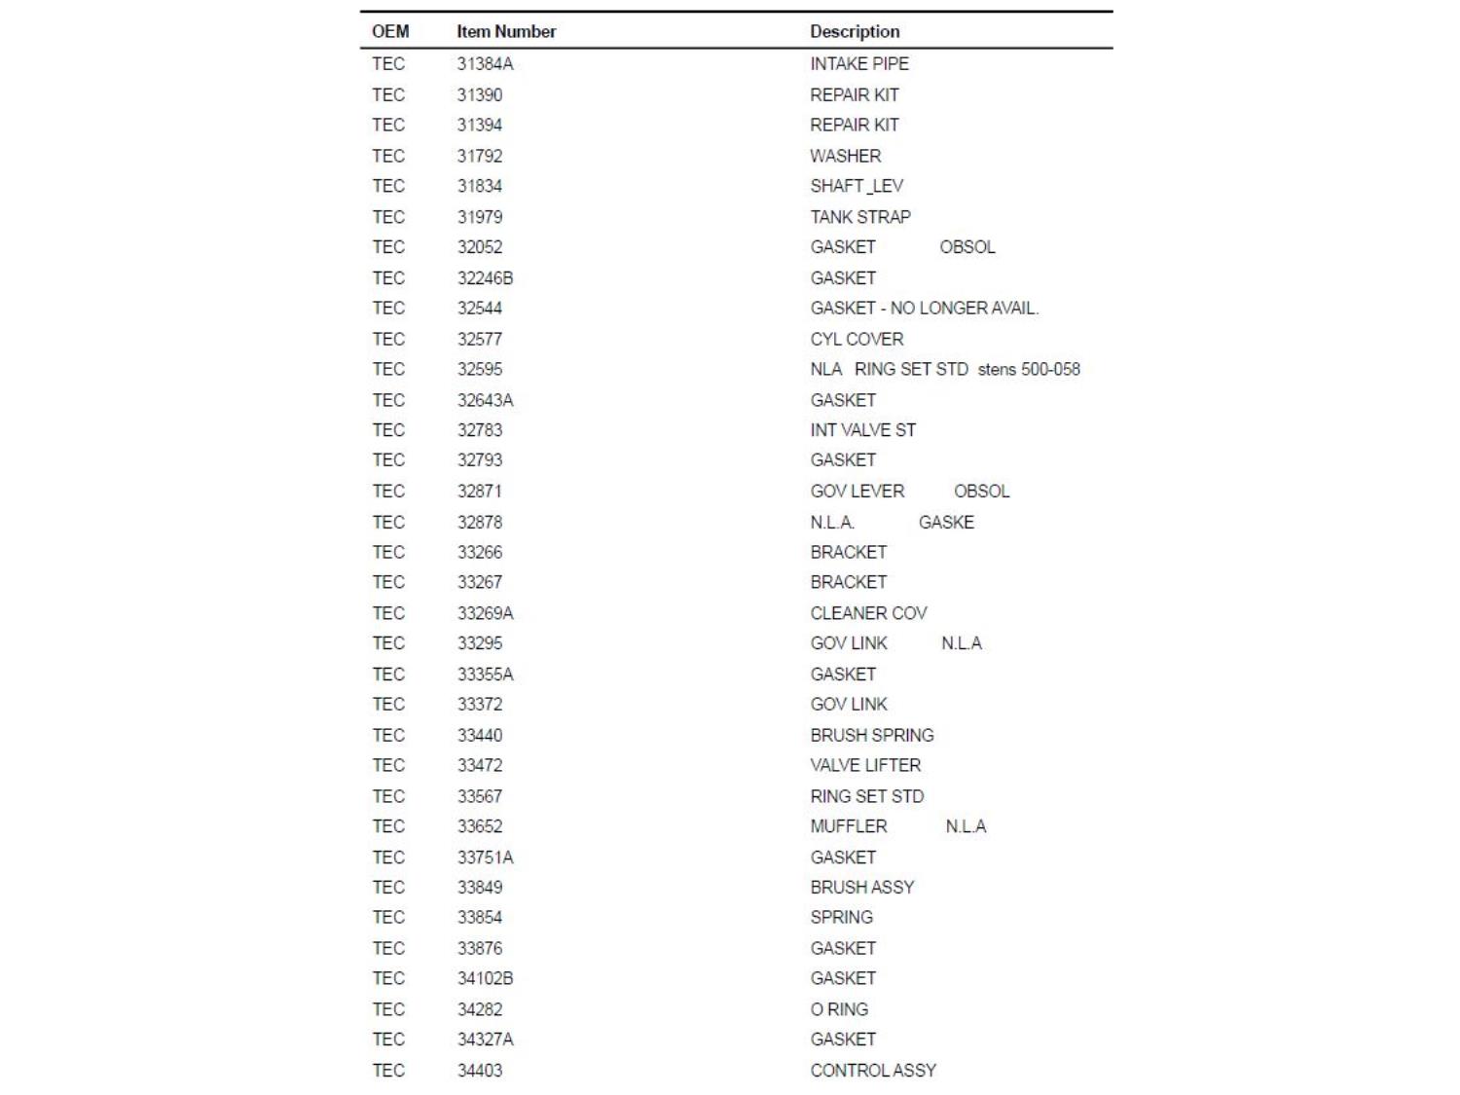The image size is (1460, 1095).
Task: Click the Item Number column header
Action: point(506,31)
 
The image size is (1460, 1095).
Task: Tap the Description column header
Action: point(855,31)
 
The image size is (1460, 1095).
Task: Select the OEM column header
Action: point(390,31)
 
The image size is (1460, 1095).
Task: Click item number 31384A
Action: point(485,64)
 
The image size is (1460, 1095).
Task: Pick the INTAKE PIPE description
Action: point(858,64)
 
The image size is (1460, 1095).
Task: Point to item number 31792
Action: point(480,156)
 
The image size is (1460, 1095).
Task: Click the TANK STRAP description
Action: point(859,217)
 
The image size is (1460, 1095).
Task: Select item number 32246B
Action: point(485,278)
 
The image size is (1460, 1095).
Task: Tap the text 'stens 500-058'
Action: point(1029,370)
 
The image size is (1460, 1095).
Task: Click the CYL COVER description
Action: point(857,340)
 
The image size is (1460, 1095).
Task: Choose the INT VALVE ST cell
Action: point(862,430)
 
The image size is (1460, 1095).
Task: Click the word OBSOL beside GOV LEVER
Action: point(981,492)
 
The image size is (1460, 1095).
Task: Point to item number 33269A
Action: point(485,613)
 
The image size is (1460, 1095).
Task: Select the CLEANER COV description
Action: point(868,613)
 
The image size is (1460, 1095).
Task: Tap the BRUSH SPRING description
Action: point(871,736)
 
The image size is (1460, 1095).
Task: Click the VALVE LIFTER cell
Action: point(865,766)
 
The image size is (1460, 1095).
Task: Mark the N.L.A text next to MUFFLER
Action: point(966,826)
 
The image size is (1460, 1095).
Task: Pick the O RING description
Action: point(839,1009)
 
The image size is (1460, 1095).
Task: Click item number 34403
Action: point(480,1071)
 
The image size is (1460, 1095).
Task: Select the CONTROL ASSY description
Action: point(873,1071)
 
